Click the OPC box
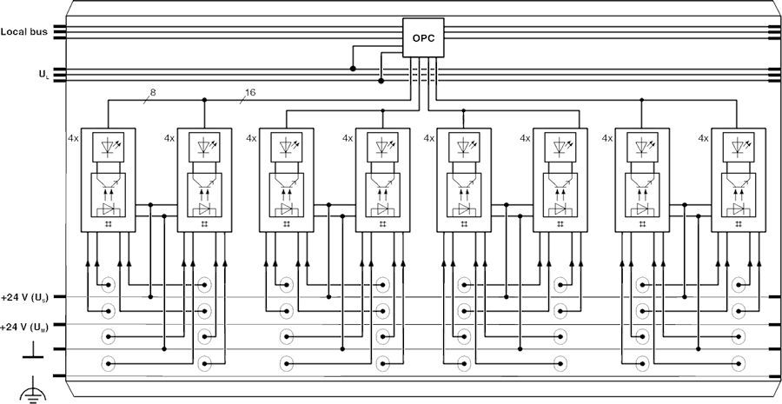point(423,38)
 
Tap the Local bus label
point(23,32)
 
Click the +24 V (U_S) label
point(25,298)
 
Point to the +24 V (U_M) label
point(25,326)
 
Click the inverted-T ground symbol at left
point(33,350)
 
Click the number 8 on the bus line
point(154,92)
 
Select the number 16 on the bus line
point(250,92)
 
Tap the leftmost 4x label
point(73,138)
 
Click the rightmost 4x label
point(702,138)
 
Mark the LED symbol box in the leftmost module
point(108,147)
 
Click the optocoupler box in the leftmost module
point(108,195)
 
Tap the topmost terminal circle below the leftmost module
point(109,284)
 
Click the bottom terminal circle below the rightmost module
point(739,363)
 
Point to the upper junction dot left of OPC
point(353,68)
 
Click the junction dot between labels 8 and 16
point(204,100)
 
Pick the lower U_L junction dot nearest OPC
point(381,81)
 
